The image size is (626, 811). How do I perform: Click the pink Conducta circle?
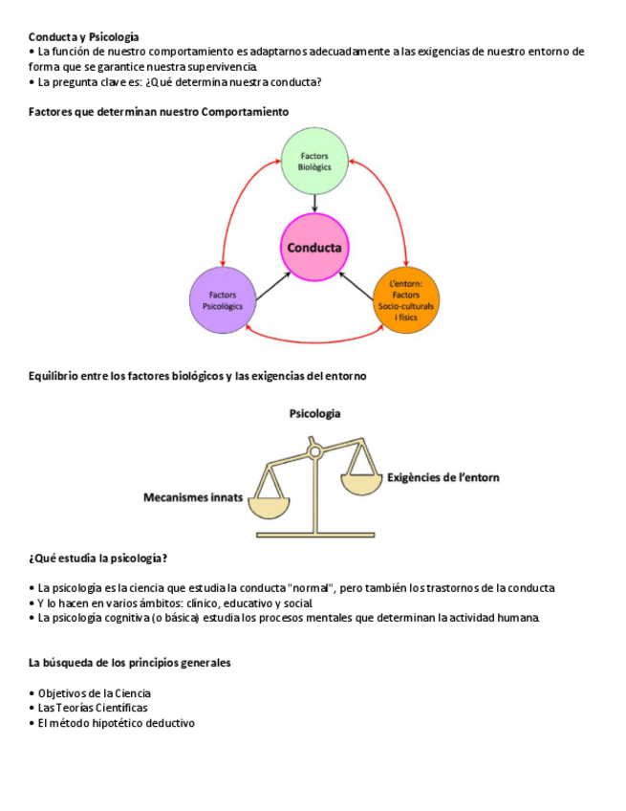[314, 248]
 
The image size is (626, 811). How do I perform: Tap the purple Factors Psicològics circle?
[224, 300]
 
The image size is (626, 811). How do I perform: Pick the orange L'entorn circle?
[405, 300]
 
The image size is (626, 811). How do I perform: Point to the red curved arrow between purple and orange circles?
[314, 340]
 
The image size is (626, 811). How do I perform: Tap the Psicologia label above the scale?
[314, 413]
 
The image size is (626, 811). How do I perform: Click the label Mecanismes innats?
[193, 497]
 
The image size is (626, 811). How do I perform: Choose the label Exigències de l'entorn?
[443, 476]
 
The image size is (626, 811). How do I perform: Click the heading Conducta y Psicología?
[83, 36]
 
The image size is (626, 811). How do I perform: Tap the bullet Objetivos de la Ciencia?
[94, 692]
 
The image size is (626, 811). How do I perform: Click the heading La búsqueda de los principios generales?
[129, 662]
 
